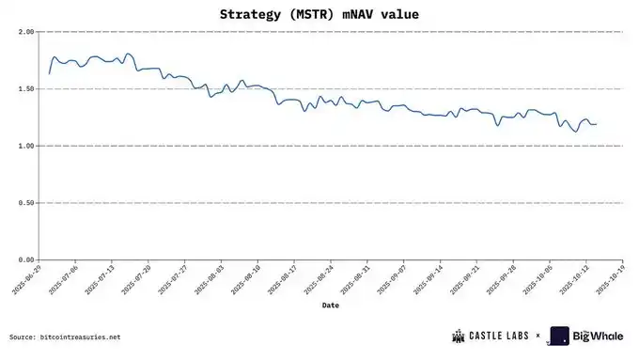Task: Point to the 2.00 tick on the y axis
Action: tap(26, 32)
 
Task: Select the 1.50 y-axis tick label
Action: tap(26, 89)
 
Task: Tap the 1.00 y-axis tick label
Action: tap(26, 146)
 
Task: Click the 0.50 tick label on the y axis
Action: tap(26, 203)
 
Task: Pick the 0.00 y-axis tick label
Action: tap(26, 259)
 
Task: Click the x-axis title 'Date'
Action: tap(330, 305)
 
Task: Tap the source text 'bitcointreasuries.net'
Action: tap(81, 337)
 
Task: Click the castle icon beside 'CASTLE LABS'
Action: tap(460, 336)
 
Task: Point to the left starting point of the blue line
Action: tap(49, 73)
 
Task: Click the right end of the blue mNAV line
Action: tap(596, 124)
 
